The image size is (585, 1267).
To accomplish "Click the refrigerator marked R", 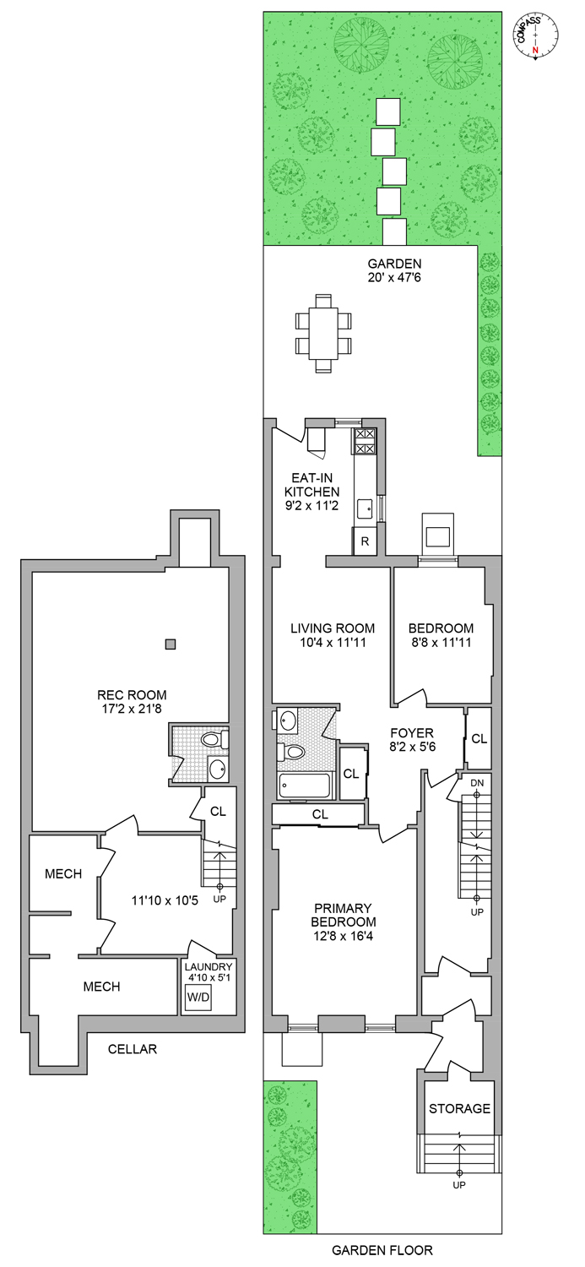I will (365, 541).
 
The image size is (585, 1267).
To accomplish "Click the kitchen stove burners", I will (365, 441).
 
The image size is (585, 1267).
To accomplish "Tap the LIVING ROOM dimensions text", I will (332, 644).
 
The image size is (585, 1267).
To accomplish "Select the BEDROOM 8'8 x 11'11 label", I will (441, 636).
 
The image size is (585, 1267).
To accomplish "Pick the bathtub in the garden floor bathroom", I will (304, 786).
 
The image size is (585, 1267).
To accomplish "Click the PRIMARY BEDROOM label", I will (344, 929).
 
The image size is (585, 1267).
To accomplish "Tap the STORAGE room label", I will (459, 1108).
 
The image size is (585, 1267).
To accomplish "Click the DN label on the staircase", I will (478, 783).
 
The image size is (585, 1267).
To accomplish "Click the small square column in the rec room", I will (171, 644).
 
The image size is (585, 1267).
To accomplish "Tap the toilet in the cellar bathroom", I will (211, 741).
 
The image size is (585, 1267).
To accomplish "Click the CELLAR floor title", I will (133, 1050).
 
